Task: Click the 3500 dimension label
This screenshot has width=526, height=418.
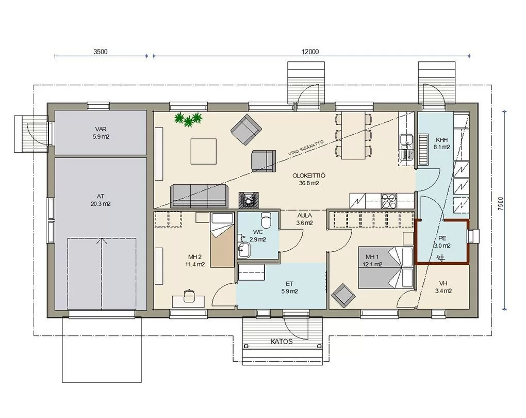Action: tap(101, 52)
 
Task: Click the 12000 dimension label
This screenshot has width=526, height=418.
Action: tap(310, 52)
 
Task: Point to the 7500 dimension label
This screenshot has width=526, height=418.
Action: tap(501, 204)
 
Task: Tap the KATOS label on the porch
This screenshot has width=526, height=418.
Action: tap(282, 342)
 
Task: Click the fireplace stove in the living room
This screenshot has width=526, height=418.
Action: tap(249, 200)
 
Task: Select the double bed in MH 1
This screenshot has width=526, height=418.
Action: tap(386, 268)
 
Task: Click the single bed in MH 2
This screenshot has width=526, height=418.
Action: tap(222, 240)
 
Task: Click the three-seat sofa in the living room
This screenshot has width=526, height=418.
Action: tap(199, 196)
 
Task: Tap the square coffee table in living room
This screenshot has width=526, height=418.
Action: tap(204, 151)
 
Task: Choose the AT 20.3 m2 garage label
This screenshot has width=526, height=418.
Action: tap(101, 200)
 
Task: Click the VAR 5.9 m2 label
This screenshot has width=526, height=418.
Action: tap(101, 133)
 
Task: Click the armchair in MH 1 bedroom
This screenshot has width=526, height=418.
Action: tap(343, 296)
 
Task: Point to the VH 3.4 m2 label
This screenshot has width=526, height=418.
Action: tap(443, 287)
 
